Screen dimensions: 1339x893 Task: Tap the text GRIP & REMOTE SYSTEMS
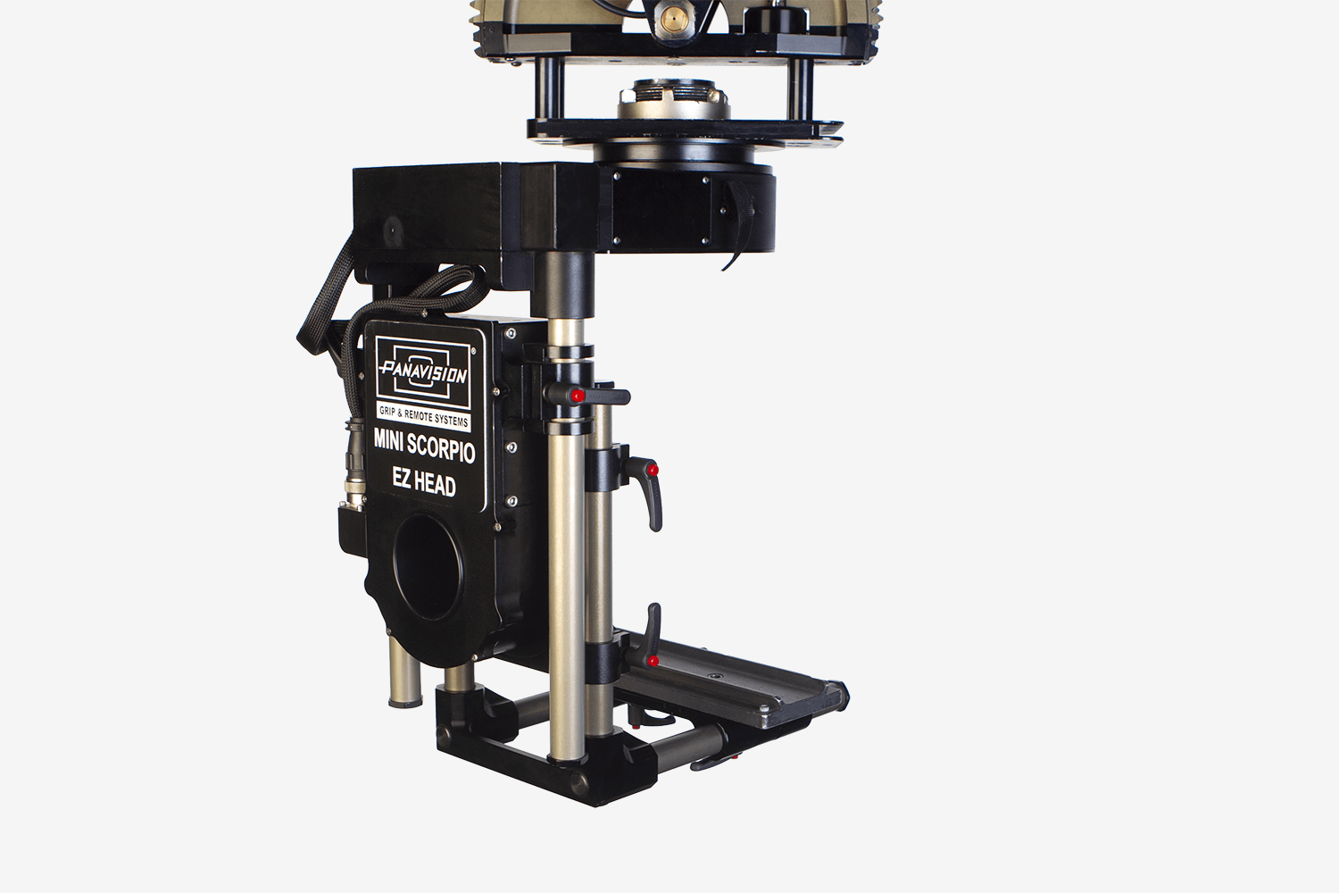(423, 417)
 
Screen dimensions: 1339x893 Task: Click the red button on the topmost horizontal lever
(577, 396)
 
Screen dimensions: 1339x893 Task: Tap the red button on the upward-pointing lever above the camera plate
(653, 661)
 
